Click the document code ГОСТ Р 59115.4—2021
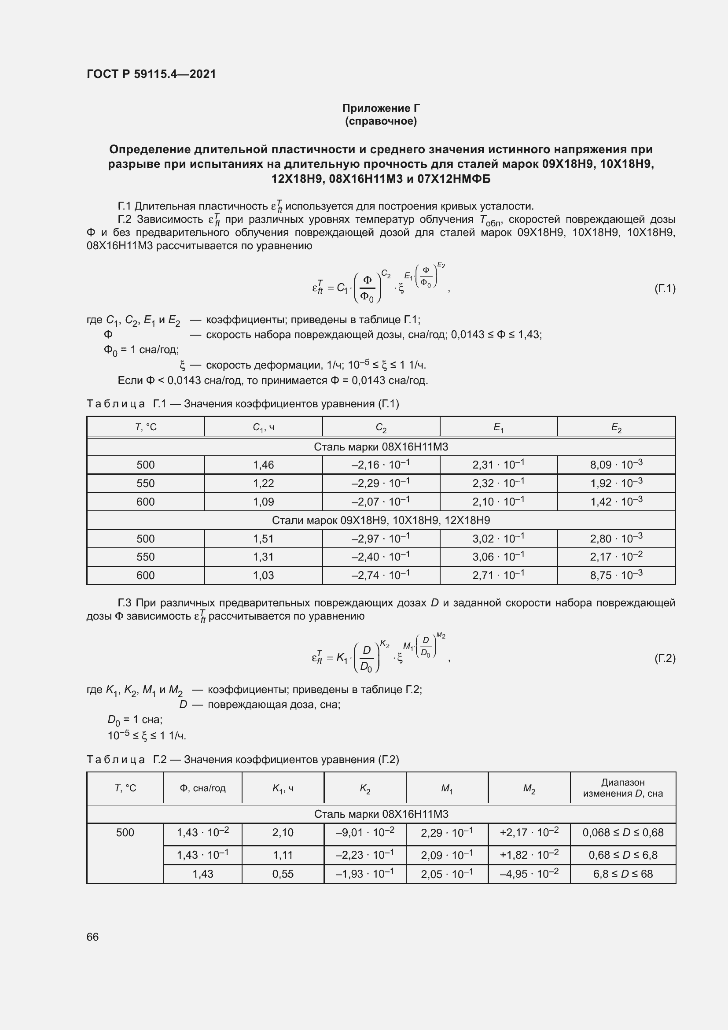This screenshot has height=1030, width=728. click(151, 74)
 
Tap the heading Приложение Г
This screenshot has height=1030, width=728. click(381, 108)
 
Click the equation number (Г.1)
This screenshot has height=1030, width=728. click(665, 288)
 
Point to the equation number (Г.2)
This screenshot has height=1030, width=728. click(665, 658)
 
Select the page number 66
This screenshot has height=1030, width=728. click(92, 937)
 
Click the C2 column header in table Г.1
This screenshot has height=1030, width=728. click(381, 428)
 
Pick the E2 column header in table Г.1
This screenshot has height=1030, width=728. click(616, 428)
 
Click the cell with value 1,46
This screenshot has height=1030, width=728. click(263, 465)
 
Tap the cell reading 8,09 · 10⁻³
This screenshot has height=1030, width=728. click(616, 464)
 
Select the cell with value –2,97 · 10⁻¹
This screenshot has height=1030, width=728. click(381, 538)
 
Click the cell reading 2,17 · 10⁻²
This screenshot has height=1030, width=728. click(616, 557)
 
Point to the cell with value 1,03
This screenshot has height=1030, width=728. click(263, 575)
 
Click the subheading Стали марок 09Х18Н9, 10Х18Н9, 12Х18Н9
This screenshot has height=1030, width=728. click(381, 521)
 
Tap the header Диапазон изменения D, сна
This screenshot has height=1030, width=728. click(622, 788)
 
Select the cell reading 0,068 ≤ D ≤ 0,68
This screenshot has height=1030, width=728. click(622, 833)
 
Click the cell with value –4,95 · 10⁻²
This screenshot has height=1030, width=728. click(529, 873)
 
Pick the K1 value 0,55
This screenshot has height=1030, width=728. click(283, 874)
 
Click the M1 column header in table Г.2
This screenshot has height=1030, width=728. click(446, 788)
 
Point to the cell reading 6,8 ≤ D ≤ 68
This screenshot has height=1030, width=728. click(622, 874)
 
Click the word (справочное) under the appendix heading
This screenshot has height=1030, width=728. click(381, 121)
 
